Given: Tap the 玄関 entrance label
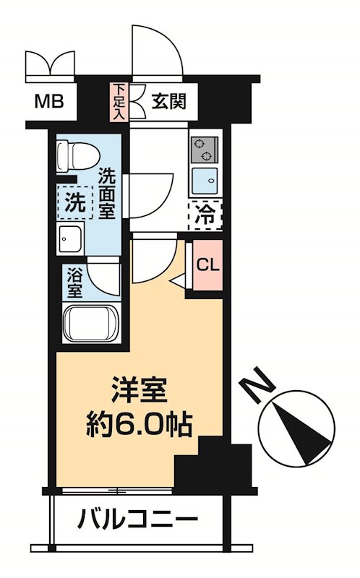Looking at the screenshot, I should click(169, 100).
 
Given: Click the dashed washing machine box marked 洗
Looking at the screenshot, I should click(75, 203).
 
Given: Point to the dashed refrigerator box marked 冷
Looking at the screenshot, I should click(205, 213).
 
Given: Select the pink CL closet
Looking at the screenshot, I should click(207, 264).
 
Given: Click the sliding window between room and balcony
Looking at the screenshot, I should click(116, 491).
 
